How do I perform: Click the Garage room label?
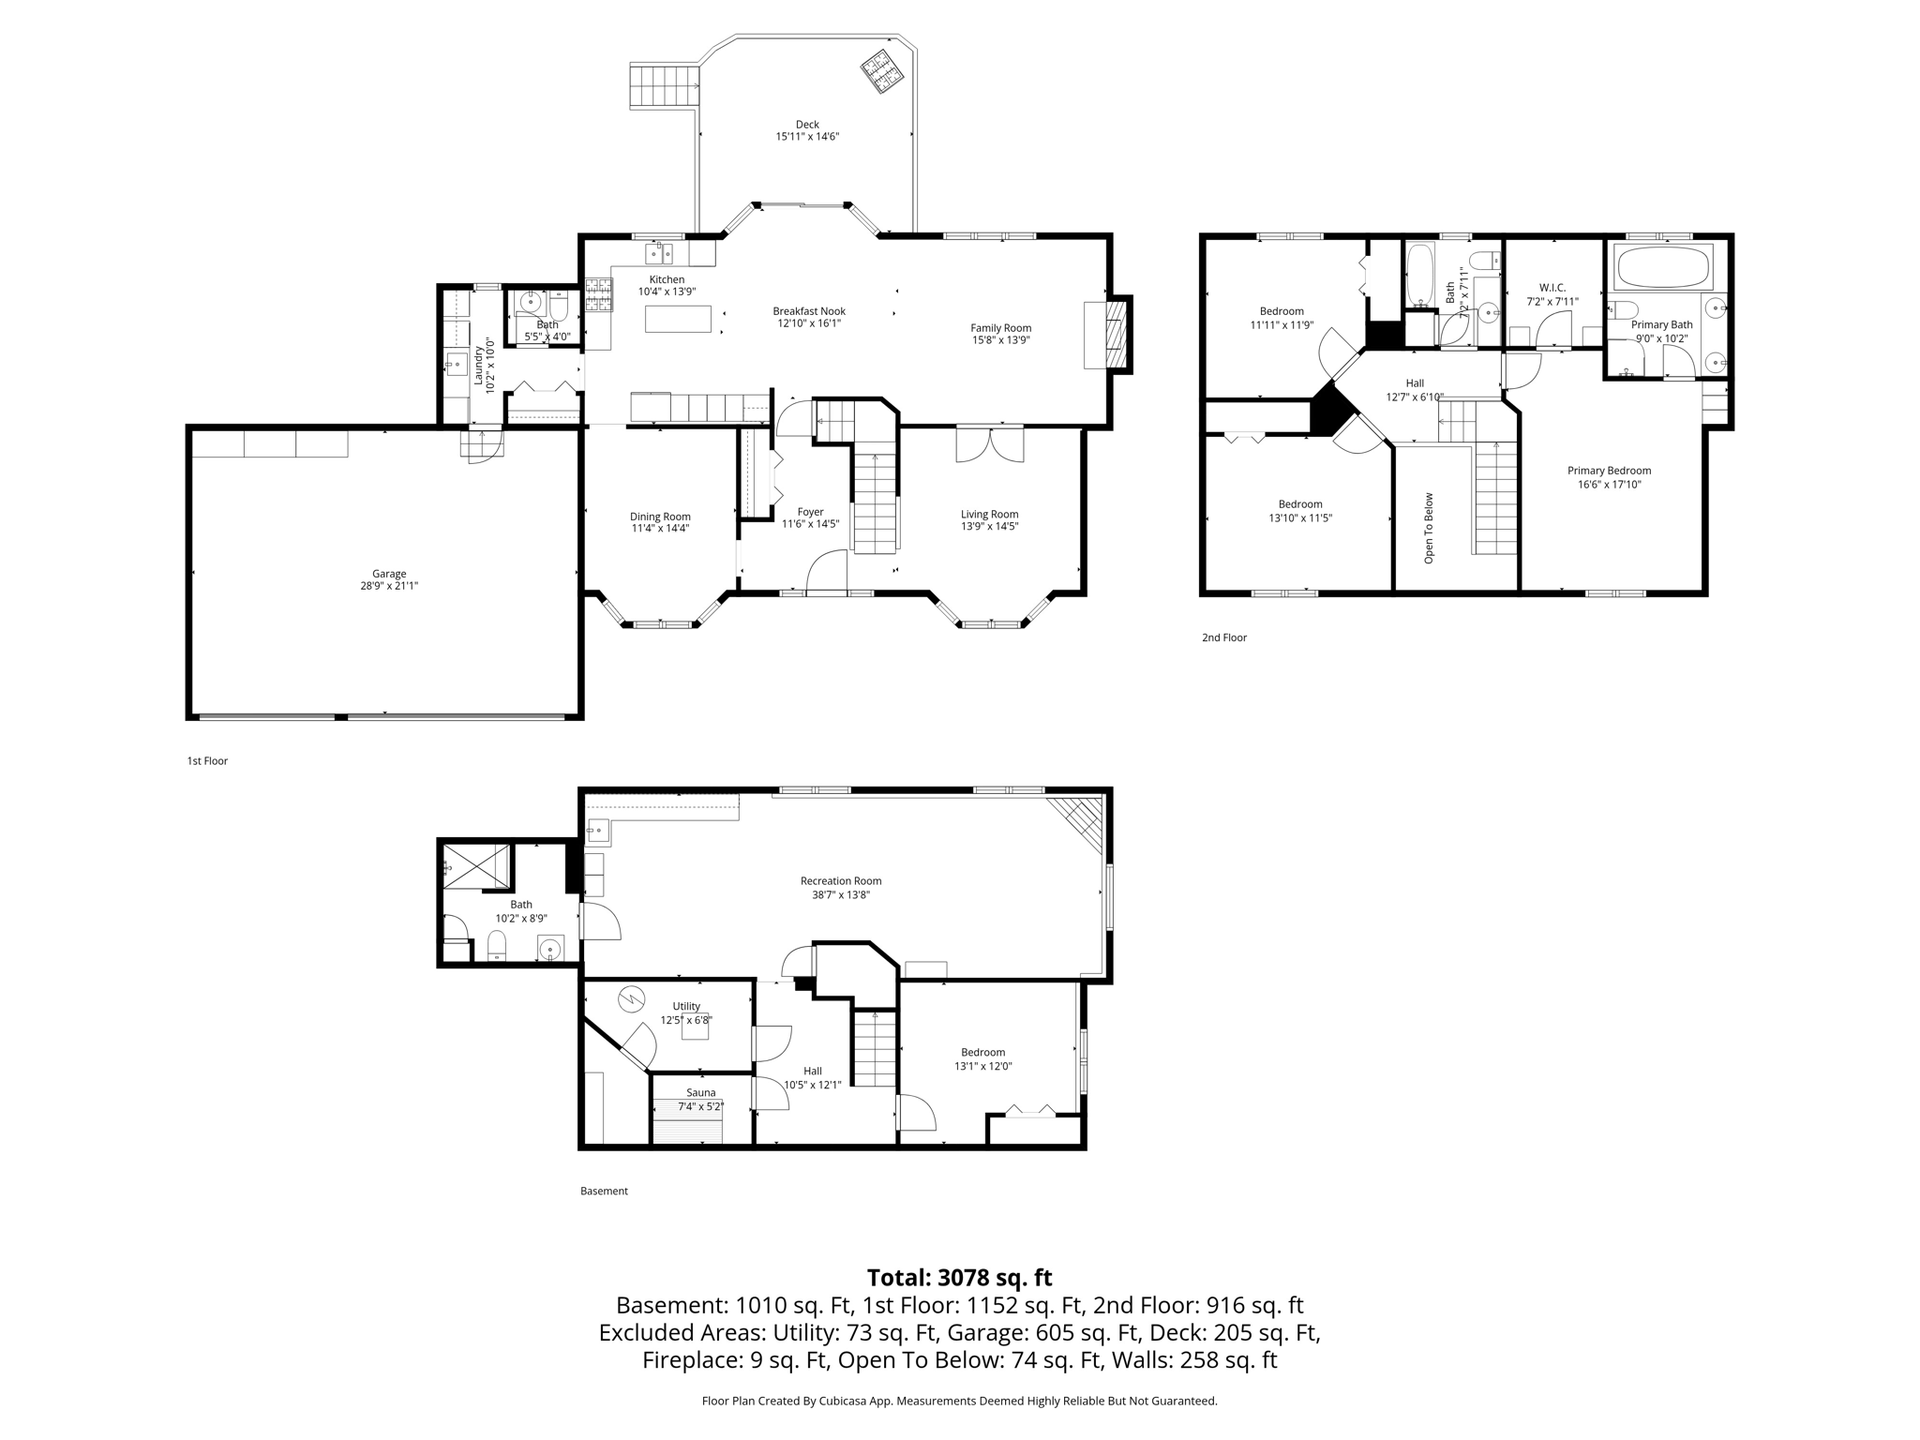[389, 574]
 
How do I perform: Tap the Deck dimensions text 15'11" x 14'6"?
[806, 137]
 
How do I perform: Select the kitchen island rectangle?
[678, 319]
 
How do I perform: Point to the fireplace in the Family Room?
[1115, 335]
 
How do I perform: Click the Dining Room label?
[660, 517]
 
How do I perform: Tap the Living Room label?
[989, 514]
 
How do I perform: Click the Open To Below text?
[1429, 528]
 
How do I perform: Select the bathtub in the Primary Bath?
[1662, 267]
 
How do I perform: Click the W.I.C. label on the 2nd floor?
[1552, 288]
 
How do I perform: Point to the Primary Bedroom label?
[1609, 471]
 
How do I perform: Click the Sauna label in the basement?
[700, 1092]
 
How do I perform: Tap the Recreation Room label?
[840, 880]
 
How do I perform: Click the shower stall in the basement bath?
[477, 865]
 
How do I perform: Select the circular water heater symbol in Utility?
[632, 998]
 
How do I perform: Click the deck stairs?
[664, 86]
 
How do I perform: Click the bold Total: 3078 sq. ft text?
[959, 1278]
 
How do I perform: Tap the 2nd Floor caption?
[1224, 637]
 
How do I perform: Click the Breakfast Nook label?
[808, 311]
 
